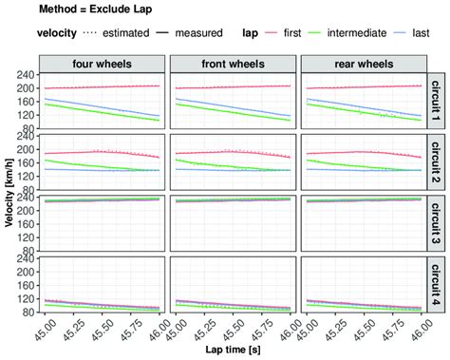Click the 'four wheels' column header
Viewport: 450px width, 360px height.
[x=102, y=63]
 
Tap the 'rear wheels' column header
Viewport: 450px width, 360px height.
[x=360, y=63]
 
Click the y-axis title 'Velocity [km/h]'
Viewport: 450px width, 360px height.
[x=8, y=194]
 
